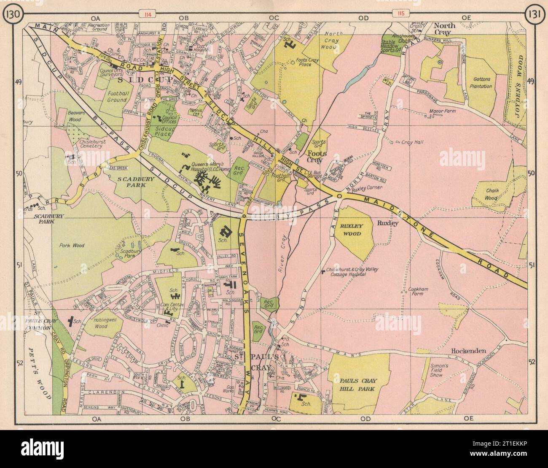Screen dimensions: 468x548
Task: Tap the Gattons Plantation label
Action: (483, 83)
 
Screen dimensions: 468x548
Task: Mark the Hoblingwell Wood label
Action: (100, 323)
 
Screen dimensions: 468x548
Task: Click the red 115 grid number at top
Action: (400, 14)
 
